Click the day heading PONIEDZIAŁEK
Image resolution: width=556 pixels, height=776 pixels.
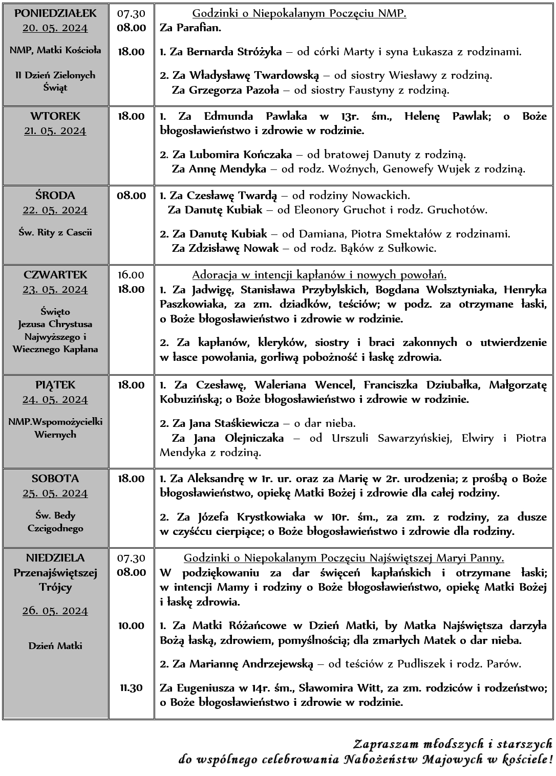[55, 13]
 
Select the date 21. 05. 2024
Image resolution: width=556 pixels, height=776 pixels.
[55, 131]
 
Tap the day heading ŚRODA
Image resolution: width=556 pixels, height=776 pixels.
[55, 196]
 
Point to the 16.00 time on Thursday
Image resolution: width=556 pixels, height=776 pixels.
[131, 275]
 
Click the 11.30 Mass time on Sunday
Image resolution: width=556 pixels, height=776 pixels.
[131, 687]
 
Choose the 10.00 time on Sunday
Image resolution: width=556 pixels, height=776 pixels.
[131, 625]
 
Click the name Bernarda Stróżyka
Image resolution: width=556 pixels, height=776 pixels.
[234, 52]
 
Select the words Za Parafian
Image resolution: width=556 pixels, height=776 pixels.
[190, 28]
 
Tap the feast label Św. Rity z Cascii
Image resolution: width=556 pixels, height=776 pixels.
[55, 232]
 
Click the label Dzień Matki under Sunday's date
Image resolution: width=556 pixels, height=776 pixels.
[55, 646]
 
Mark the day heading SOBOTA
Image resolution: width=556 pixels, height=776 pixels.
[55, 479]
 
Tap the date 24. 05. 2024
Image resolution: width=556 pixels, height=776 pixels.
[55, 399]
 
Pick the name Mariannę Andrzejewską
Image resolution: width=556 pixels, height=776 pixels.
[251, 664]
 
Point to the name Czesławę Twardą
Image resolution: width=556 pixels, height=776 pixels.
[231, 196]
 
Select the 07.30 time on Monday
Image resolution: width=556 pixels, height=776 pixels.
[131, 13]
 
